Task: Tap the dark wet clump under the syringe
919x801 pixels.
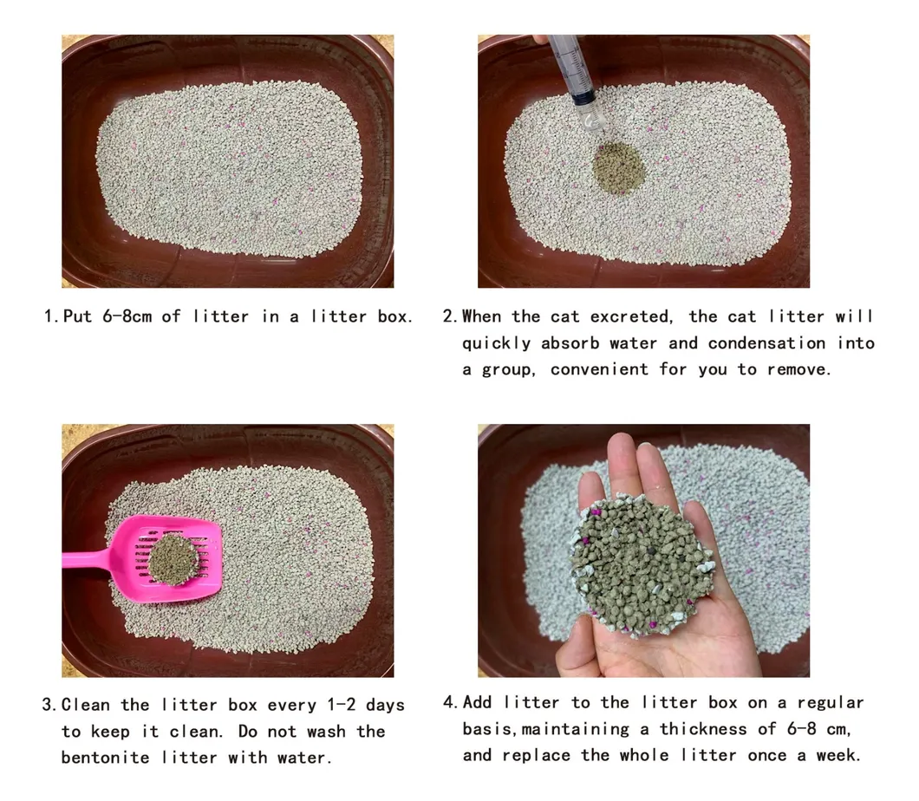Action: point(619,166)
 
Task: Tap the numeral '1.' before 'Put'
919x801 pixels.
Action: point(51,316)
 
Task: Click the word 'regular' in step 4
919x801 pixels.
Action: point(830,702)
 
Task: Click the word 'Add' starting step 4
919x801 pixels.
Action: point(478,702)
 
